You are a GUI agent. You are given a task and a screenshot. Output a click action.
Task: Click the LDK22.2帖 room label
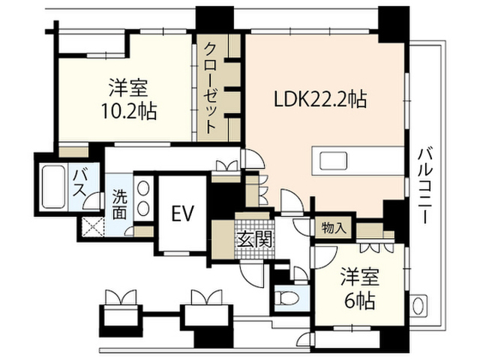320,100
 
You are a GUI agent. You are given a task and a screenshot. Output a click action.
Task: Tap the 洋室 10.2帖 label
129,99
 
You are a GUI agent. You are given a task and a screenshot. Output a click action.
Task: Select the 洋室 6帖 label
360,288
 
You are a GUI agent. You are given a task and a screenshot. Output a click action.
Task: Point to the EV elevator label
183,213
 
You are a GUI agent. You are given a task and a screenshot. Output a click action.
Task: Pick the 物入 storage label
334,228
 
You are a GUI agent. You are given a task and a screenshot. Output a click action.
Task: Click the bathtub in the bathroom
53,187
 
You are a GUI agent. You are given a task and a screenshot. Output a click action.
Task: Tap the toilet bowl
286,298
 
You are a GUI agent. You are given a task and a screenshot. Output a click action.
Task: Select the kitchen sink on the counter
333,160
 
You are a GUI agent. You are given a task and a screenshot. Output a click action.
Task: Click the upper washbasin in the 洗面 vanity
143,188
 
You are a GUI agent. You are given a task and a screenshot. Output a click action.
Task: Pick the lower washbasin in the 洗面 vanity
143,209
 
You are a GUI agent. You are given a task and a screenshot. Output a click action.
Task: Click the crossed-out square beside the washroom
93,226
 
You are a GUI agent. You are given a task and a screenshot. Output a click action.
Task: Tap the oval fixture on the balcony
419,305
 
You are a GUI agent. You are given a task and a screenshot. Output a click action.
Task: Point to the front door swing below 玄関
252,274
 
